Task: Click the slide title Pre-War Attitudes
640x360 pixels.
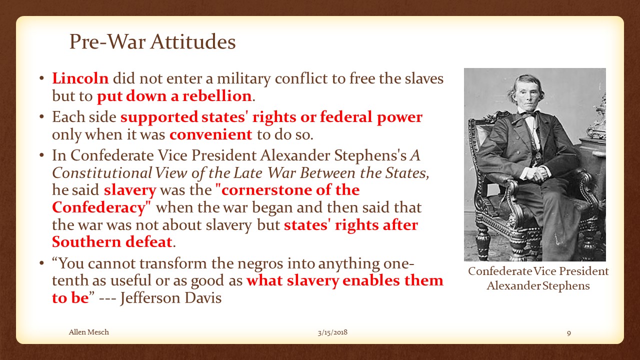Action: tap(152, 42)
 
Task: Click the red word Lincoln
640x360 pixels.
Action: tap(80, 78)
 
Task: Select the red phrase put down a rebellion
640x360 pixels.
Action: tap(174, 95)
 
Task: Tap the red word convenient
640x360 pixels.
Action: tap(211, 134)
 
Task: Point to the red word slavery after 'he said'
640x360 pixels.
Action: tap(130, 190)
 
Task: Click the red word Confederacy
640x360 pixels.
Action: tap(99, 207)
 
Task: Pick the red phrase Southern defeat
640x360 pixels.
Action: tap(112, 242)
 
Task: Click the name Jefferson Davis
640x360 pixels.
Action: tap(171, 297)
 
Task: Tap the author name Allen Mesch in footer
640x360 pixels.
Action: tap(89, 332)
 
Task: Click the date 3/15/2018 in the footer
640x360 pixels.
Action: tap(332, 332)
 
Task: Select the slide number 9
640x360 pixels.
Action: tap(569, 333)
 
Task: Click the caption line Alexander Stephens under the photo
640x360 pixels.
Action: tap(538, 285)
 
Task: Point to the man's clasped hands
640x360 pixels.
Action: tap(535, 173)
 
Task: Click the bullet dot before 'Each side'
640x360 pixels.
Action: tap(41, 117)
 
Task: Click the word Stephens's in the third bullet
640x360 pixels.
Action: tap(370, 155)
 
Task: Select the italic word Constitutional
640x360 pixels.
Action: tap(101, 173)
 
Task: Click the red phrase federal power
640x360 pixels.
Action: tap(371, 117)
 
